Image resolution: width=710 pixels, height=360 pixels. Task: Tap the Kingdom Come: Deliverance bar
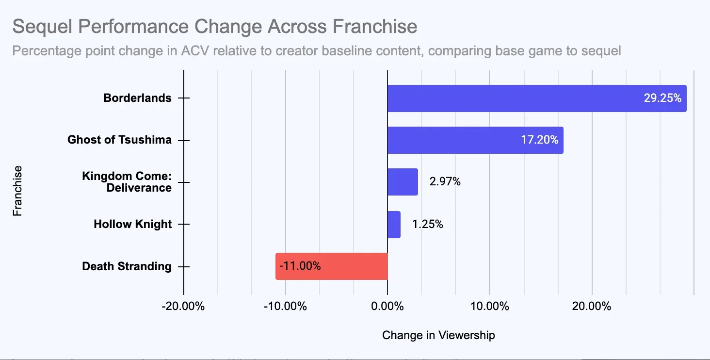(403, 182)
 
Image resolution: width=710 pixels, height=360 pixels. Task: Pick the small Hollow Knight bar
(394, 224)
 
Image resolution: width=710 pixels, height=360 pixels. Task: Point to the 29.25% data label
(662, 98)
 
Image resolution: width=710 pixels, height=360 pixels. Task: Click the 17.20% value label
(540, 140)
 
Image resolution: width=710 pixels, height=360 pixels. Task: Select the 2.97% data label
(445, 182)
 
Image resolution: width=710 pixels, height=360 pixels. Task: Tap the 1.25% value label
(427, 225)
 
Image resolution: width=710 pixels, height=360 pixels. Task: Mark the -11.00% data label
(300, 266)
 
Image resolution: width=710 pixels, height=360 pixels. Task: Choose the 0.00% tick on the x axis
(387, 307)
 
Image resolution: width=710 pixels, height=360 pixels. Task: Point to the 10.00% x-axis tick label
(489, 307)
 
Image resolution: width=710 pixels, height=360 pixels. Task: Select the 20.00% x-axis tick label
(592, 307)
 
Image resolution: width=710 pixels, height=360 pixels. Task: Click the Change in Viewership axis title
(438, 335)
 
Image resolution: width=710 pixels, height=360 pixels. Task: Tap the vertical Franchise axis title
(17, 191)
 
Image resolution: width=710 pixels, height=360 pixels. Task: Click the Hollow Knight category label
(132, 225)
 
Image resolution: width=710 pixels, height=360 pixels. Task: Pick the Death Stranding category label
(127, 266)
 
